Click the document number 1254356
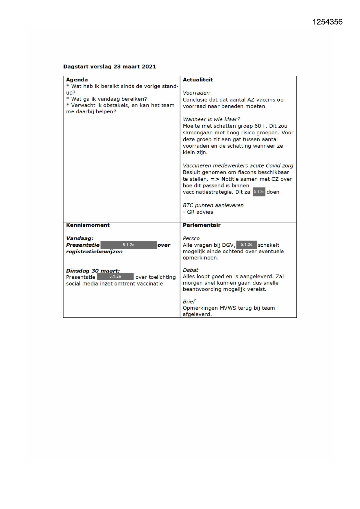328,22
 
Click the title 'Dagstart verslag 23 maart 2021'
110,66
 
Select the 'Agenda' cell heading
77,80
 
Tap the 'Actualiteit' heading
198,80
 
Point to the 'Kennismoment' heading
88,225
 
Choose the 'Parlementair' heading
202,225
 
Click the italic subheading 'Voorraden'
196,93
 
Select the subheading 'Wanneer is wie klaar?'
211,119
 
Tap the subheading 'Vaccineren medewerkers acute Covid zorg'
238,166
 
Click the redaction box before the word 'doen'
259,192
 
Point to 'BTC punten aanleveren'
213,205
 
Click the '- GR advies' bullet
198,212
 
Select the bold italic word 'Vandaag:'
80,239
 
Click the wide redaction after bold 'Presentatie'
129,245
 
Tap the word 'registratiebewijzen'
94,252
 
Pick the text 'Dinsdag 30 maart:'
93,271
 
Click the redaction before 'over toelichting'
115,277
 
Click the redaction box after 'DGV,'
246,245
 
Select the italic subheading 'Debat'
191,270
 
